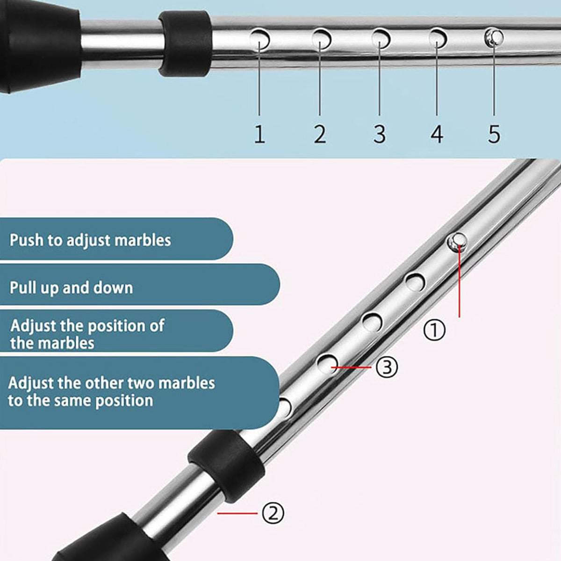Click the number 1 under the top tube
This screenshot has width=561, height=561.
tap(259, 134)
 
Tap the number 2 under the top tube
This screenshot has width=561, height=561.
tap(320, 134)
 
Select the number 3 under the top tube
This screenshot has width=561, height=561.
tap(380, 134)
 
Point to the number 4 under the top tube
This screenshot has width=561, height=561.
tap(437, 134)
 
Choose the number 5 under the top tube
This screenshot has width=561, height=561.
tap(494, 134)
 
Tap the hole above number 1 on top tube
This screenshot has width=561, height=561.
tap(259, 39)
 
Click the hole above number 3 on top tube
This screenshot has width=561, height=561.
tap(381, 38)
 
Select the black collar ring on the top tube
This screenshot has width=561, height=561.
tap(185, 43)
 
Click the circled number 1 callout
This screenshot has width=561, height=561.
tap(434, 330)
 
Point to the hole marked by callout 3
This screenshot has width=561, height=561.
tap(328, 364)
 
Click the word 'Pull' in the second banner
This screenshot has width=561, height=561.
tap(22, 288)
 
